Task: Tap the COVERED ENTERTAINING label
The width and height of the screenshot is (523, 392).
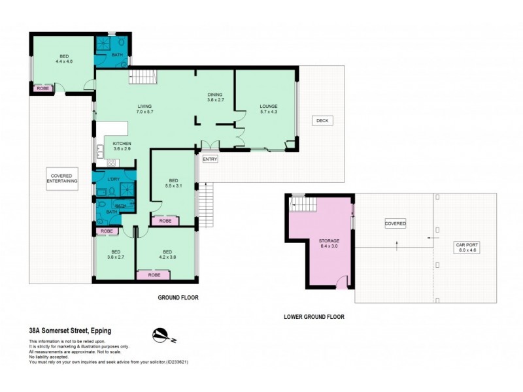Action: (x=62, y=177)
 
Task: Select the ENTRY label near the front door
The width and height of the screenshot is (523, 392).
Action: (x=210, y=159)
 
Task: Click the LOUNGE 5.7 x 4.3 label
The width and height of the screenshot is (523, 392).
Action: (x=269, y=110)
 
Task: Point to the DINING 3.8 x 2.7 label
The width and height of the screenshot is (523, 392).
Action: (x=215, y=97)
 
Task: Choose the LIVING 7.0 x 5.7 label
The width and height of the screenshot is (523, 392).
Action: (x=144, y=110)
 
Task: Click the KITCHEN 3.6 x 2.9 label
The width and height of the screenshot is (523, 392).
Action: (x=122, y=146)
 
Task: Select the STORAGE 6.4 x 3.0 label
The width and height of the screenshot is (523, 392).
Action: (x=329, y=244)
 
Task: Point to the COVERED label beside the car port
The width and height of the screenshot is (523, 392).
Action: (x=395, y=223)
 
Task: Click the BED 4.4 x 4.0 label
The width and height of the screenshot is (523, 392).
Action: (x=63, y=59)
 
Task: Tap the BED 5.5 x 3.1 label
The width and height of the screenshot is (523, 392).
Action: (x=173, y=184)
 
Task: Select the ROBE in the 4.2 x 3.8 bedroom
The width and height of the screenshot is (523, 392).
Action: (x=154, y=275)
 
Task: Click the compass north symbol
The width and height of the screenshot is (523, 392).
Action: (x=161, y=335)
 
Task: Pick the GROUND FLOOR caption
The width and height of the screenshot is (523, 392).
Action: (x=178, y=297)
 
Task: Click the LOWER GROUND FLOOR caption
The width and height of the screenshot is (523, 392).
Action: (x=314, y=317)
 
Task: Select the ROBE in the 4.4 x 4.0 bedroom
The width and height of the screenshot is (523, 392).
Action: (x=42, y=88)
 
